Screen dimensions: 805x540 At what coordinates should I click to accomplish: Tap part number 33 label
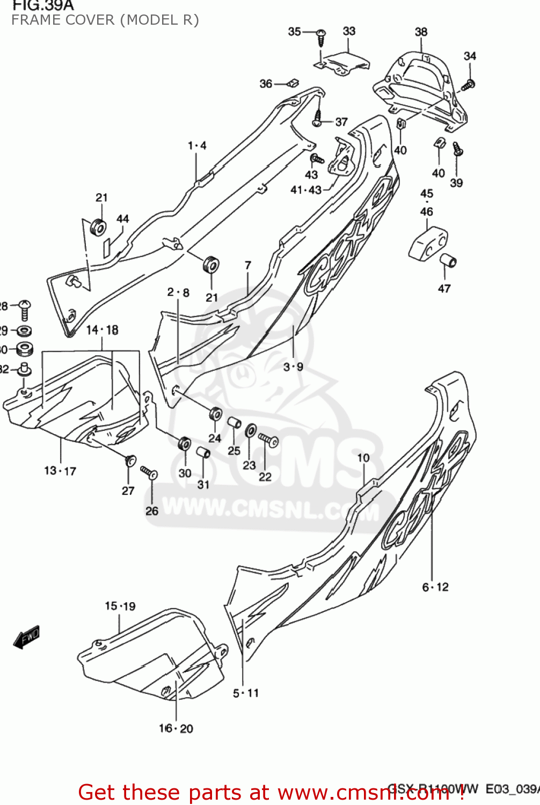tap(349, 31)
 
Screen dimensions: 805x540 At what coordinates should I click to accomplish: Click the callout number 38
tap(421, 32)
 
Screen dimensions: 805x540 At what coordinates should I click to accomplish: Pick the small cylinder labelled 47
tap(448, 260)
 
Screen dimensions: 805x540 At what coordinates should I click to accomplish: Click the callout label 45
tap(427, 194)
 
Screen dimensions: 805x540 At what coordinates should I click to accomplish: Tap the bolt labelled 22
tap(268, 440)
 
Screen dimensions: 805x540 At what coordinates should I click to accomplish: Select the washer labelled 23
tap(251, 430)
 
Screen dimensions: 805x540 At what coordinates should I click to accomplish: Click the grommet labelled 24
tap(216, 414)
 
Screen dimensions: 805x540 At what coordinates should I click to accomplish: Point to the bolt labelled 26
tap(149, 472)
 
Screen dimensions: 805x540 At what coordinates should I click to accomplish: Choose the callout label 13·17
tap(60, 471)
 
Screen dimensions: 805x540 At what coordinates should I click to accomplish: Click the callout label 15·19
tap(120, 606)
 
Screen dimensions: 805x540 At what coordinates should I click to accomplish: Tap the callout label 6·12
tap(435, 587)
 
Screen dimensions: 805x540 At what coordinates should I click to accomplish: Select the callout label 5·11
tap(245, 693)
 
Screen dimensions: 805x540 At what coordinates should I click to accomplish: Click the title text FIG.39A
tap(43, 6)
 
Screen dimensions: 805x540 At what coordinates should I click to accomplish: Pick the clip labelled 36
tap(293, 83)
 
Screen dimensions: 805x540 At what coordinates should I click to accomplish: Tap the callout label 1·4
tap(197, 145)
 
